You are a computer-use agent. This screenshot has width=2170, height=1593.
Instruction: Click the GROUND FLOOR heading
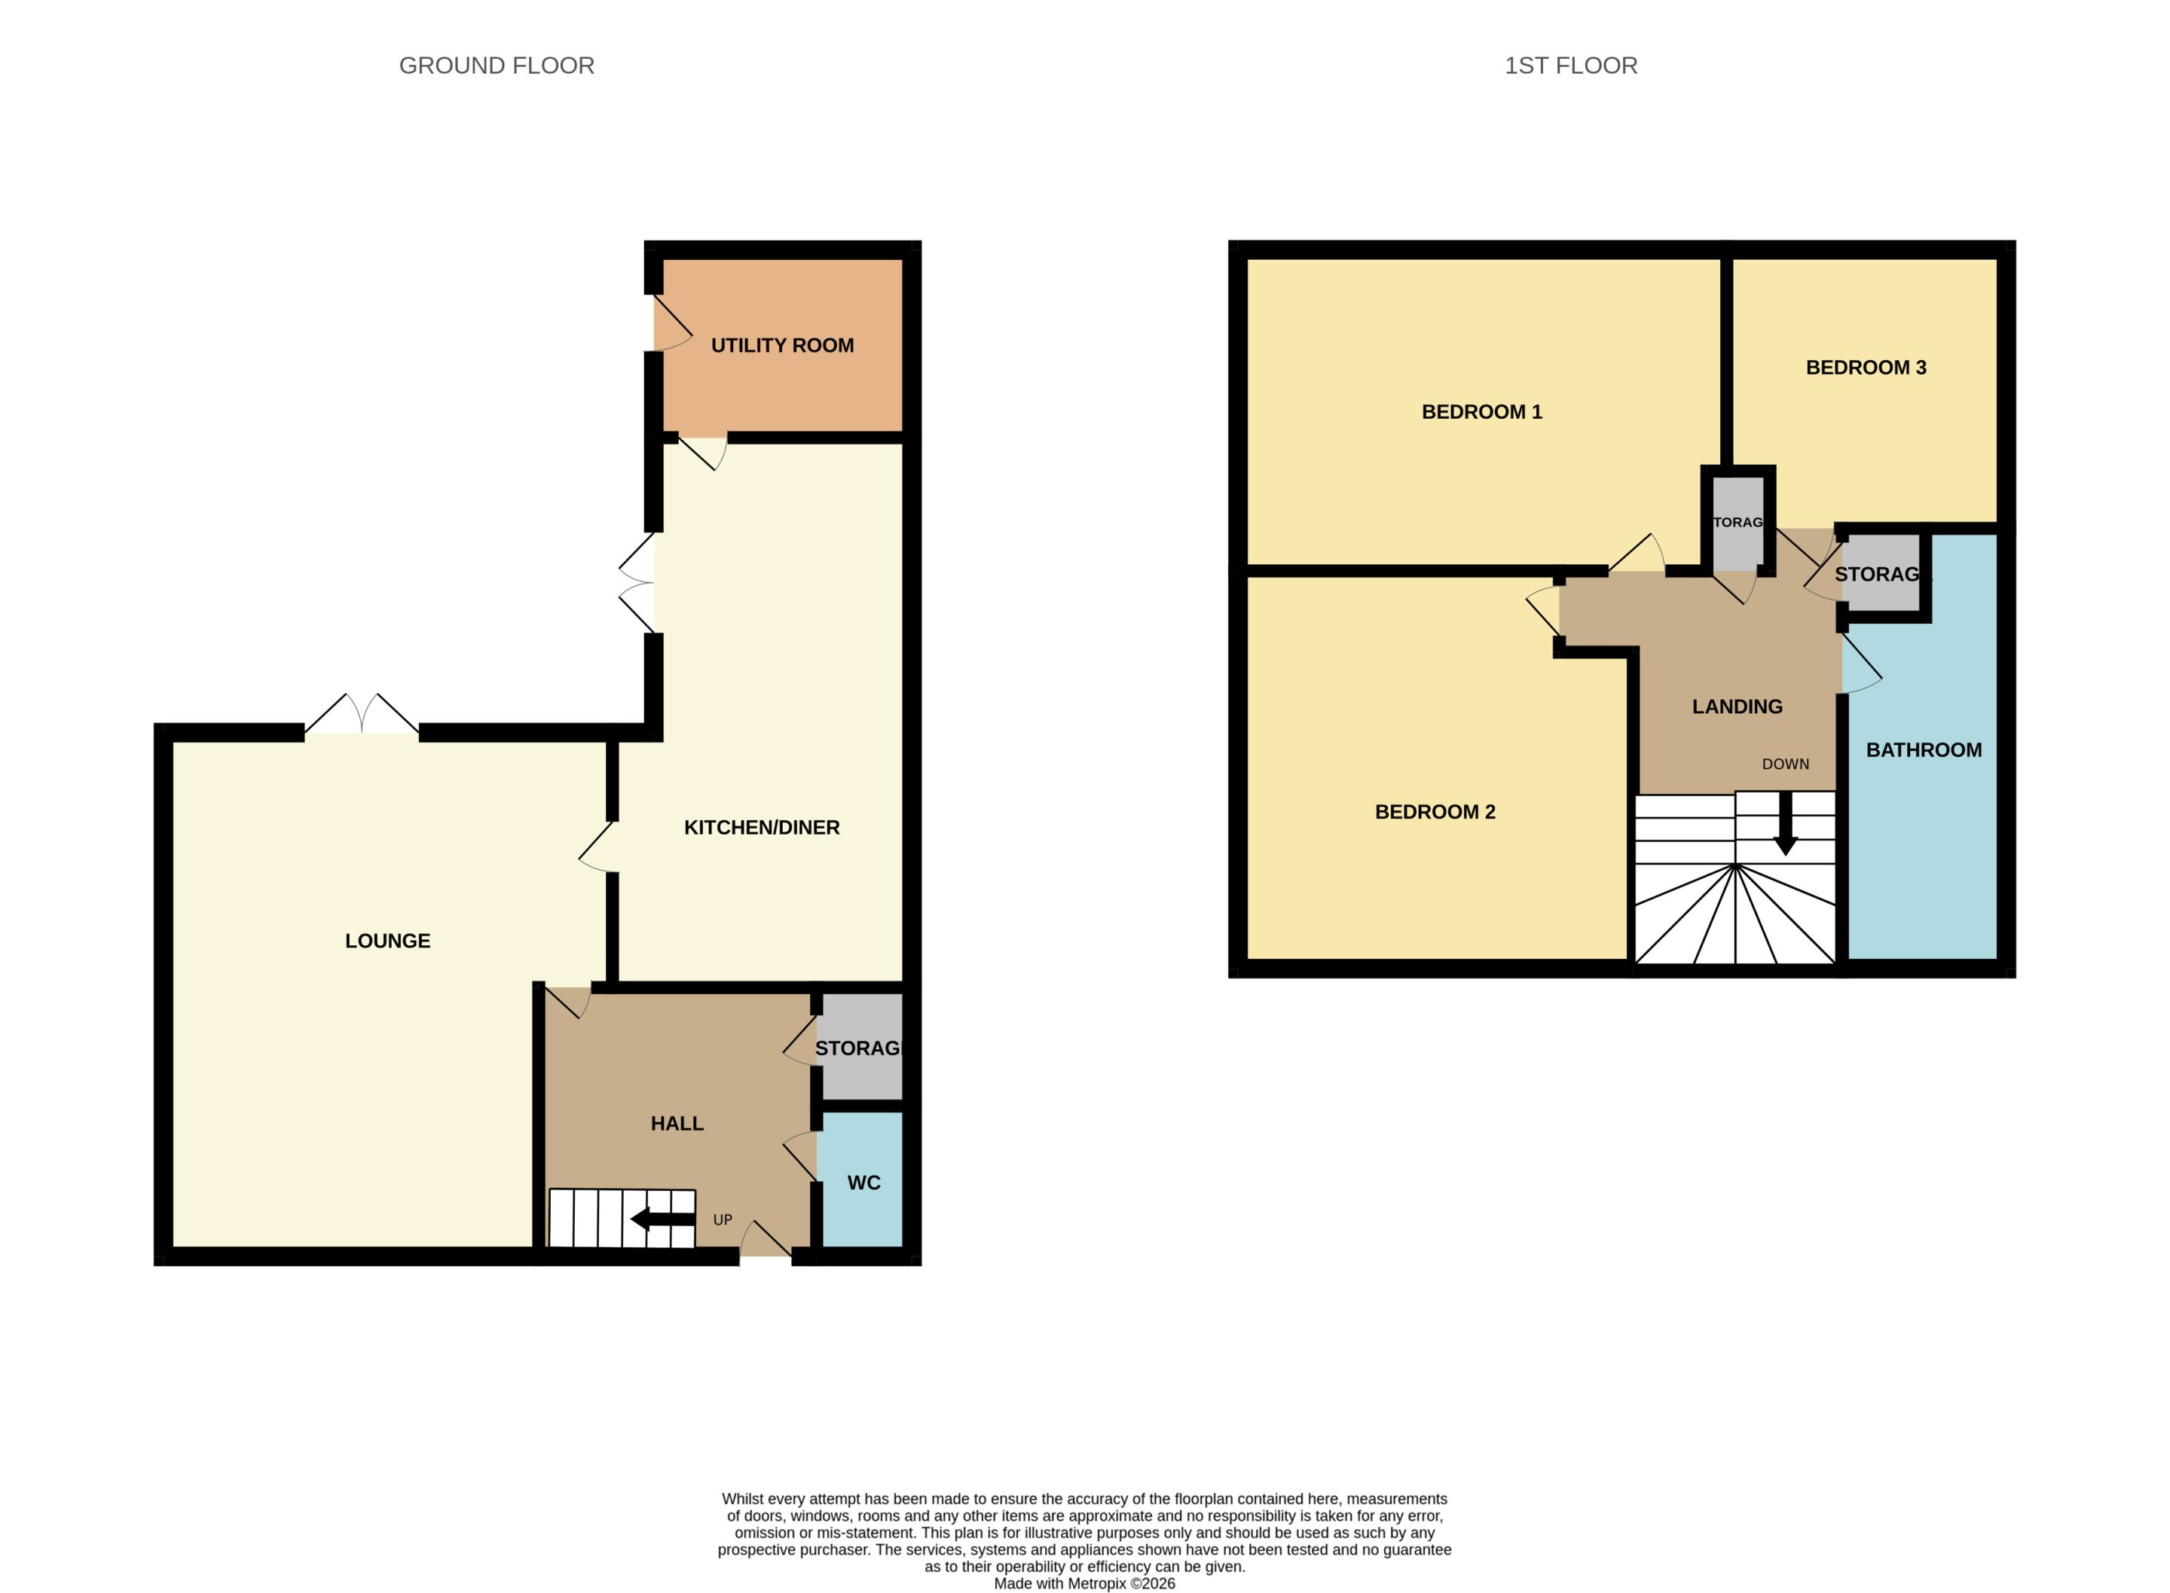point(497,66)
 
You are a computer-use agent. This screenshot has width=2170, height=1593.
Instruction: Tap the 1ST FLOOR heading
point(1571,66)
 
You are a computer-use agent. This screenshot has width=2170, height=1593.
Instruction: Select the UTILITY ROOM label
point(782,345)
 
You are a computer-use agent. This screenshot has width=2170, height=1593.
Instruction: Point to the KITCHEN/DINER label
point(762,827)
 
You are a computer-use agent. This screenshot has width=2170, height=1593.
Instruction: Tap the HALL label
point(677,1124)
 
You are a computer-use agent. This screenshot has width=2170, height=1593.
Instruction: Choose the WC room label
point(864,1183)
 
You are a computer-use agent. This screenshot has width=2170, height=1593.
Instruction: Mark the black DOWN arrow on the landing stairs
point(1785,823)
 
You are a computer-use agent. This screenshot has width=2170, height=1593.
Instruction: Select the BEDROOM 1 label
point(1482,412)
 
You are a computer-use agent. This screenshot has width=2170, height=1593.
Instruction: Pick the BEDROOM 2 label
point(1435,812)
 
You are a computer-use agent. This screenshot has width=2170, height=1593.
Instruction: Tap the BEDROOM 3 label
point(1866,368)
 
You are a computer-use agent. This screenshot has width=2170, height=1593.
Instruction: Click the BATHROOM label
point(1924,750)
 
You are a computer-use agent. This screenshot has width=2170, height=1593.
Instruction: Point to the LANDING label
point(1737,706)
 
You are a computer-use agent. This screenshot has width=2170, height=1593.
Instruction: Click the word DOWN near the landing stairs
point(1785,764)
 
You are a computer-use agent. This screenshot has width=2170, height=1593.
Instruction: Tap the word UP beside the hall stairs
point(723,1220)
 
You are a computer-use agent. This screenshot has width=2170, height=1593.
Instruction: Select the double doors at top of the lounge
point(362,716)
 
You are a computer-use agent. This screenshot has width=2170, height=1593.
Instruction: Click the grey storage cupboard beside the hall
point(859,1047)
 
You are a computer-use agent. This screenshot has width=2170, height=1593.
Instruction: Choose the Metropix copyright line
point(1085,1583)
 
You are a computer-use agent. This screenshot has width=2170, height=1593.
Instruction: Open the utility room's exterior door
point(672,323)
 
